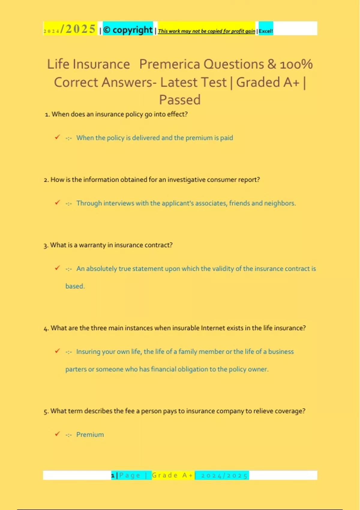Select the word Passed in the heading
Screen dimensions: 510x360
180,100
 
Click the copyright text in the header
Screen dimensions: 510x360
128,30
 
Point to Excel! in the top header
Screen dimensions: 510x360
266,31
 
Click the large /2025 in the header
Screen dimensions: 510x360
78,29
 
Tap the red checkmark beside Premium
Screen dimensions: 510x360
57,434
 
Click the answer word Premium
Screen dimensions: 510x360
90,434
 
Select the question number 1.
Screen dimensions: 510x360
47,114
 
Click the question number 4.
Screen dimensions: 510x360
46,328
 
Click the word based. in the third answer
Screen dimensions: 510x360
75,286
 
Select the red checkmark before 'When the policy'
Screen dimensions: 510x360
57,137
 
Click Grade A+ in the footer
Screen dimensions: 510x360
172,475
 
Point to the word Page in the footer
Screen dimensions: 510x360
130,475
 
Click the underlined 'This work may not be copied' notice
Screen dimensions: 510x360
206,31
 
